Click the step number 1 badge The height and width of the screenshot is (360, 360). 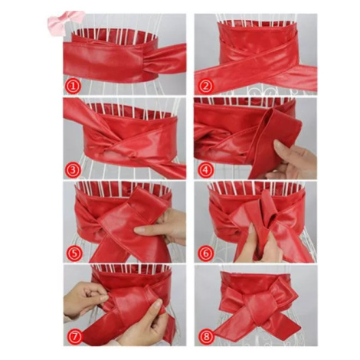tap(73, 86)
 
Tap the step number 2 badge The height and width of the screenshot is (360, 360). tap(206, 86)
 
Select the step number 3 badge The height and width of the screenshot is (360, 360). tap(73, 170)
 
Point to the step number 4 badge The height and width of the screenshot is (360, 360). tap(206, 170)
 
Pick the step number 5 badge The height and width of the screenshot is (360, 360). tap(73, 254)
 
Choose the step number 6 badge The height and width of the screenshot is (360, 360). tap(206, 254)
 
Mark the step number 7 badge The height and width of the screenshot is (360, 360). tap(74, 336)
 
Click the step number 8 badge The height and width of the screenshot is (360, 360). tap(206, 336)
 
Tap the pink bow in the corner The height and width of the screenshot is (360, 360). tap(65, 20)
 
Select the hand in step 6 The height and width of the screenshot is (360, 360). tap(258, 245)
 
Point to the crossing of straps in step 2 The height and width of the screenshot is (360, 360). tap(258, 58)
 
